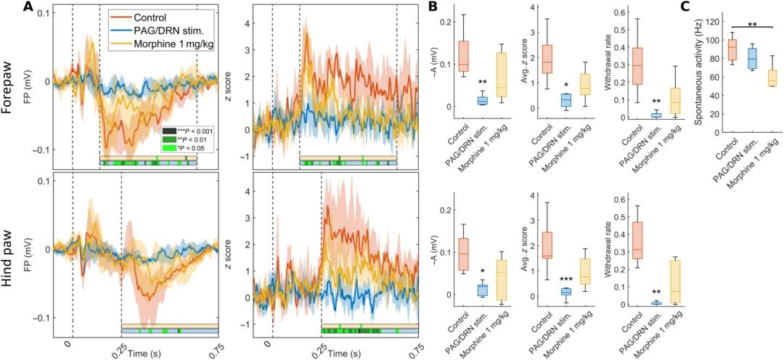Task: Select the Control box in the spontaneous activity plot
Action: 732,49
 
